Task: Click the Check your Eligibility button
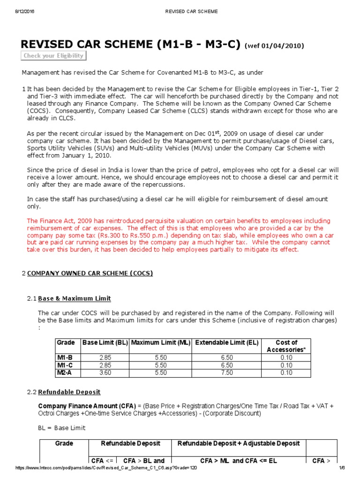coord(54,56)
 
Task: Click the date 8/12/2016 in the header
coord(19,11)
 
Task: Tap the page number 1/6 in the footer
coord(342,468)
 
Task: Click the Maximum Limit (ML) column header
coord(160,343)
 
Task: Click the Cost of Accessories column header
coord(286,346)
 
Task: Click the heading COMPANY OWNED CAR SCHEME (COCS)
coord(90,273)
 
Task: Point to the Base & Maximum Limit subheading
coord(74,299)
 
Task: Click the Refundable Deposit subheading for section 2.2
coord(69,392)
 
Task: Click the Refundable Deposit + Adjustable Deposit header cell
coord(239,443)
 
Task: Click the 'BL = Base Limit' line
coord(62,428)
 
